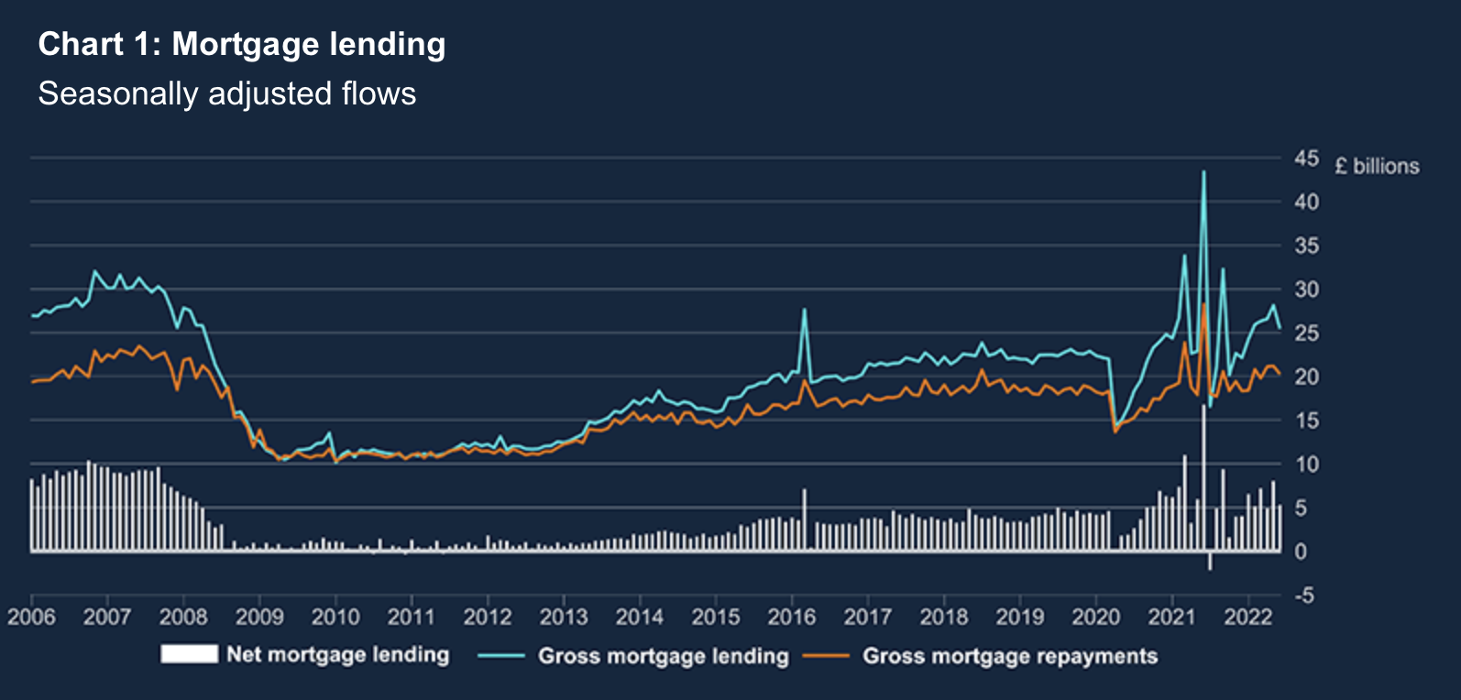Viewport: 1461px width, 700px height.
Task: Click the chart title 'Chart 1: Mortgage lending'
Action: click(242, 44)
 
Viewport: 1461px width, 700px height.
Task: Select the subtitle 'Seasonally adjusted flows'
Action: click(227, 93)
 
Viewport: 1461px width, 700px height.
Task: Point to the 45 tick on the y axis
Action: click(1306, 159)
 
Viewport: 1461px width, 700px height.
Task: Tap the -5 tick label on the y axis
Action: click(1303, 596)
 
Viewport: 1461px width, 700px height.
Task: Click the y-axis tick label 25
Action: click(1306, 334)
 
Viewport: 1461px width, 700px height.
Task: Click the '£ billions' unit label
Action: click(1377, 166)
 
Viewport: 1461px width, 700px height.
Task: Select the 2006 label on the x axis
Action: click(31, 617)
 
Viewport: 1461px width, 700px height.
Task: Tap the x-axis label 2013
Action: click(563, 617)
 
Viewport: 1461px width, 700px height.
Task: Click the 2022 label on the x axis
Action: click(1248, 617)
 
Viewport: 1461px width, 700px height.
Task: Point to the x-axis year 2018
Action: click(943, 617)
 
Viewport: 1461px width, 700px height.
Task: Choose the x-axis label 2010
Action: click(335, 617)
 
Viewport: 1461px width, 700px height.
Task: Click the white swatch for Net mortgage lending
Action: click(189, 653)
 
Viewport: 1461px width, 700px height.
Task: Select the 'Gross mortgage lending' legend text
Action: click(663, 656)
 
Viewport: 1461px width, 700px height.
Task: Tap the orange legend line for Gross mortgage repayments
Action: click(826, 656)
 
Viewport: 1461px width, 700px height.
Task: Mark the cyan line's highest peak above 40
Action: click(1203, 171)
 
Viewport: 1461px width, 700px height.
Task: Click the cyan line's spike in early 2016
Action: click(805, 310)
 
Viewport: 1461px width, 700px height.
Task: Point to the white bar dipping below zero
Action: click(1210, 562)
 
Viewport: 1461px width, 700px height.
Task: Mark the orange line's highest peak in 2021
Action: click(1203, 303)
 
